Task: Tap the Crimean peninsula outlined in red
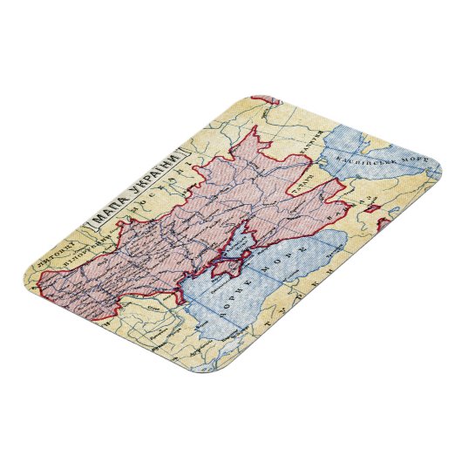coord(231,254)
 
